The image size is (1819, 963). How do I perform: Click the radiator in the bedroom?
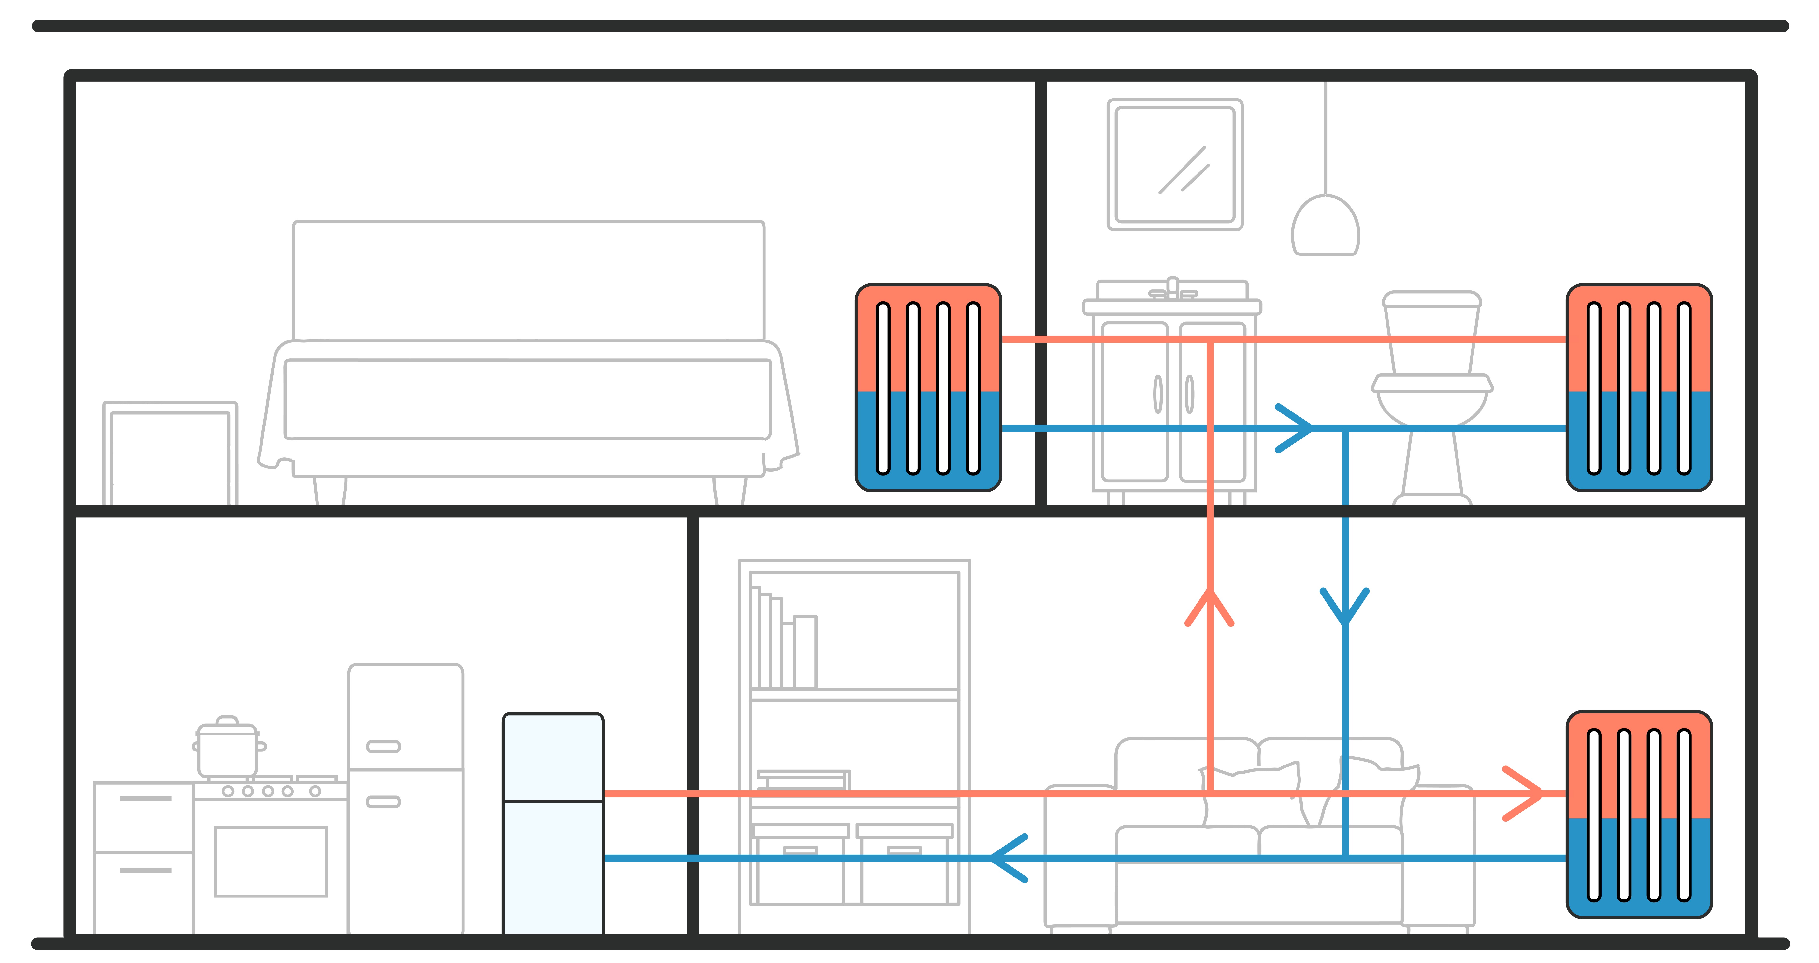point(928,388)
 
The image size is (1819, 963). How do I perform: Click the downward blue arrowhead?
point(1344,607)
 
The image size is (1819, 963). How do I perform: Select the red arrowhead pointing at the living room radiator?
point(1525,793)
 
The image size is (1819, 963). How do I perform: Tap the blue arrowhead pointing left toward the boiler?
point(1006,858)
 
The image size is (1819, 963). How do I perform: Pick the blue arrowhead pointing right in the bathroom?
point(1296,428)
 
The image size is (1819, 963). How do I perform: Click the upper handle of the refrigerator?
point(383,746)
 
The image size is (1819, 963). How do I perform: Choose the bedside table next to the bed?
point(170,454)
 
